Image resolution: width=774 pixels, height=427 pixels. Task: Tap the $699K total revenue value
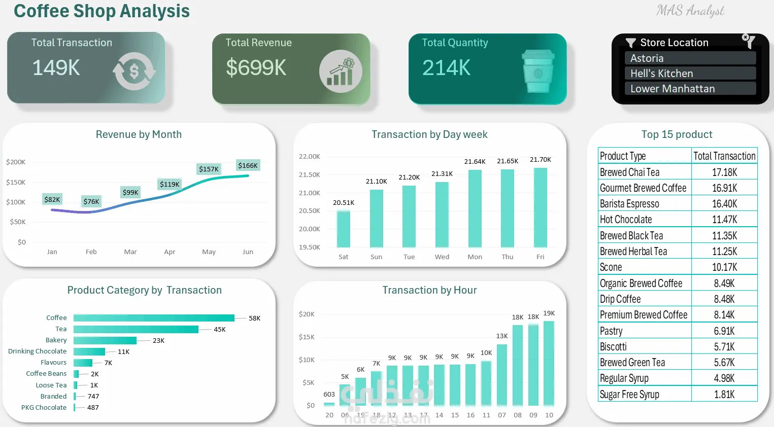click(x=256, y=67)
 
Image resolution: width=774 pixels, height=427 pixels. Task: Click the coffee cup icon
click(x=538, y=71)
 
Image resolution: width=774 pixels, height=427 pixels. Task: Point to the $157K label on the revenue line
click(x=209, y=169)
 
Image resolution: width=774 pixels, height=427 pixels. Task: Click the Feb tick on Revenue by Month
click(x=91, y=252)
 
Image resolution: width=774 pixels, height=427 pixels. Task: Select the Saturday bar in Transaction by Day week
click(x=344, y=229)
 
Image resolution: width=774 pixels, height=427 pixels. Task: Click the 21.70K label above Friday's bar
click(x=540, y=159)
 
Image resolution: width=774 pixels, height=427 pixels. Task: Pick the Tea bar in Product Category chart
click(x=136, y=329)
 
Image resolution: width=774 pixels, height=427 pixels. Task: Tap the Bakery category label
click(x=56, y=340)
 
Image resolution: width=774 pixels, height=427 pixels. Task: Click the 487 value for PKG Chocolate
click(x=93, y=407)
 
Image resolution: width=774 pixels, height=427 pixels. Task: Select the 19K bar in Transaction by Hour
click(x=549, y=363)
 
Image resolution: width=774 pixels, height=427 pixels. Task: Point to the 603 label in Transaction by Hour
click(x=329, y=394)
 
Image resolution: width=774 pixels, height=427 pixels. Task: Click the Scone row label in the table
click(x=611, y=267)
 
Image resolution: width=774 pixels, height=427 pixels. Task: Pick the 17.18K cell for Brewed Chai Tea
click(x=724, y=172)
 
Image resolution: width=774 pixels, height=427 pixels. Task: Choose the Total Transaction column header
click(x=724, y=156)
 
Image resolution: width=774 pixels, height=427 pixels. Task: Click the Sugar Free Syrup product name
click(x=629, y=394)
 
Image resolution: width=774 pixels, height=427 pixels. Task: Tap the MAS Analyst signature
click(x=690, y=11)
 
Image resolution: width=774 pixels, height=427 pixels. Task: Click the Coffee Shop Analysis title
click(x=102, y=11)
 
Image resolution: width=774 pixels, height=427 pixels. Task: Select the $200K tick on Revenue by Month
click(x=16, y=162)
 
